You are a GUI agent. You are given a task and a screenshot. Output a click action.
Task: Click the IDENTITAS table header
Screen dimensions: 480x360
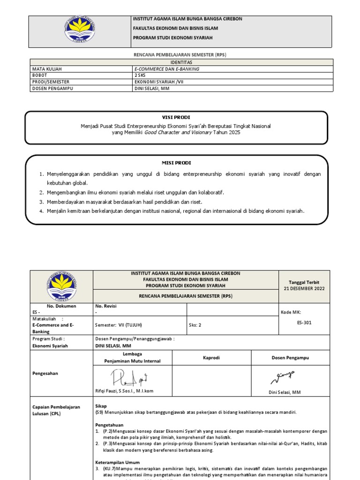181,62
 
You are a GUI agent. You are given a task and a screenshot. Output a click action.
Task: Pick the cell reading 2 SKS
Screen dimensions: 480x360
140,75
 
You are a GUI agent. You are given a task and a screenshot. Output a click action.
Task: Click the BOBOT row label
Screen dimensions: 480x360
40,75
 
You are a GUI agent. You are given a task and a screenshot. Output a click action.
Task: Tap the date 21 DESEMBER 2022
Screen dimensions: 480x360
304,288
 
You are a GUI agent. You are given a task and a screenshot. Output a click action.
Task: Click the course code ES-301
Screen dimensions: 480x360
304,322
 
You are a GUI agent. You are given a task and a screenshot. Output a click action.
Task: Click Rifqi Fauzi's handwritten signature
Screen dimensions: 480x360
123,377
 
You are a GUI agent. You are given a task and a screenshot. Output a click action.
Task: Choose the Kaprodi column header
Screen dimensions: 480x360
211,358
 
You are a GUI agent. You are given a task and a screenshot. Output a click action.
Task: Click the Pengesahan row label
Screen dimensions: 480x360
45,374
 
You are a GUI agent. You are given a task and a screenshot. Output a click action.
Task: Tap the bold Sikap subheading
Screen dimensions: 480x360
101,405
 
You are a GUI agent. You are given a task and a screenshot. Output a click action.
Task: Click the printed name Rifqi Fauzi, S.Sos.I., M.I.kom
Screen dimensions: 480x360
124,391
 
